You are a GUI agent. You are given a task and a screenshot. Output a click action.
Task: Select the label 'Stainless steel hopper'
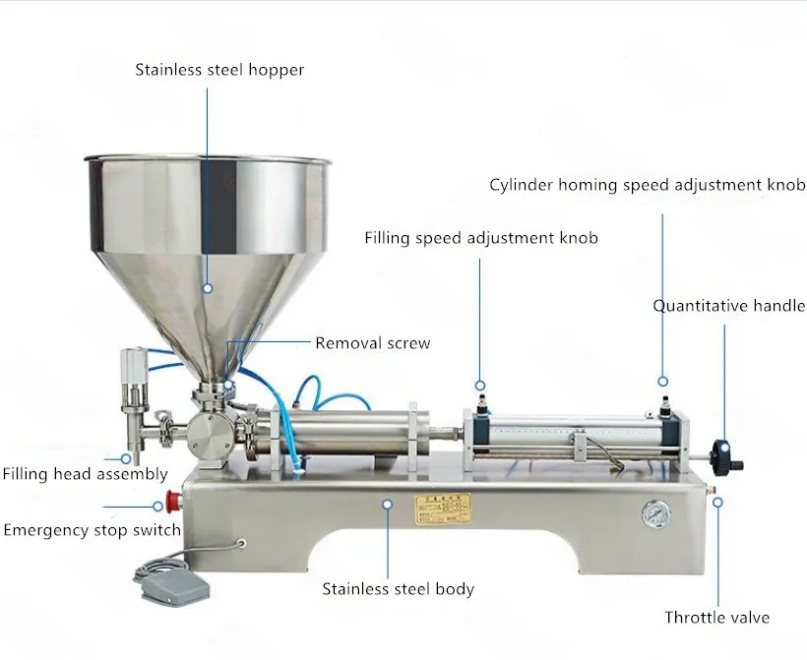click(219, 70)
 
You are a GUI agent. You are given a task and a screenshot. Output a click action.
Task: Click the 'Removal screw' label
click(372, 343)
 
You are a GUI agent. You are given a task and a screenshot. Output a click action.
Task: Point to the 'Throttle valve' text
click(716, 618)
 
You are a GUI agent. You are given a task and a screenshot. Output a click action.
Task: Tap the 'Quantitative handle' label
click(729, 306)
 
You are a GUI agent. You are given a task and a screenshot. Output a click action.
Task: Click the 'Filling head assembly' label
click(85, 474)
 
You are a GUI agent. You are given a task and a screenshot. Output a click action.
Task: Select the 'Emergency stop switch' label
click(93, 530)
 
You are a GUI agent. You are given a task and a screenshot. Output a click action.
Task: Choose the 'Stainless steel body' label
click(399, 589)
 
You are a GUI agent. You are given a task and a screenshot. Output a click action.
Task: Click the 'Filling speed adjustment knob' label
click(481, 238)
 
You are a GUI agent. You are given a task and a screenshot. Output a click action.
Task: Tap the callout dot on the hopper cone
click(208, 288)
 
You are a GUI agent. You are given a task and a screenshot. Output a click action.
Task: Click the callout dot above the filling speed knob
click(481, 385)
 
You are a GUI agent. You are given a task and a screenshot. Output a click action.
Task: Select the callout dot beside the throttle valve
click(718, 502)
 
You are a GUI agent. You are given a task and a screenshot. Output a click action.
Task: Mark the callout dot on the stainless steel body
click(388, 503)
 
